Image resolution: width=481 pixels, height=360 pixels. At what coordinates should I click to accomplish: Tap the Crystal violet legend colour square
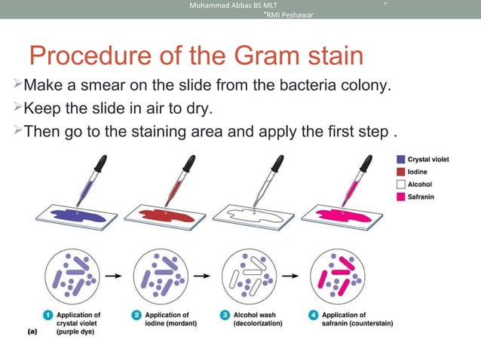(x=400, y=160)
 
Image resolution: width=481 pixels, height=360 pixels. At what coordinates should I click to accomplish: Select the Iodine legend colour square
(x=400, y=172)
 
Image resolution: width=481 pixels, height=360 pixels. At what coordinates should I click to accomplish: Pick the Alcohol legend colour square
(x=400, y=184)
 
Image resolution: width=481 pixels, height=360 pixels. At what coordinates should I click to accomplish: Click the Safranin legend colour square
(x=400, y=196)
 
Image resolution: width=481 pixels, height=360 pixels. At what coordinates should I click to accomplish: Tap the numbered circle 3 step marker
(x=225, y=315)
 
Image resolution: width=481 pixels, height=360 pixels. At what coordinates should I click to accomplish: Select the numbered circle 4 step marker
(x=314, y=315)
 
